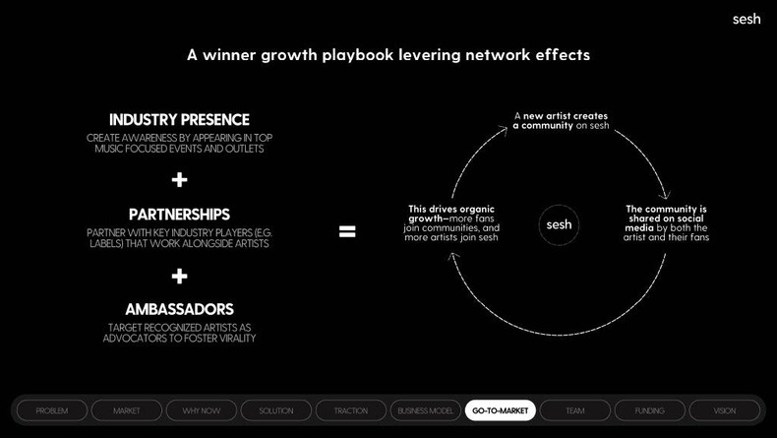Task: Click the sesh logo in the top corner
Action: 747,19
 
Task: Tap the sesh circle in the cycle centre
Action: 559,225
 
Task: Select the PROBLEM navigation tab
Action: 52,410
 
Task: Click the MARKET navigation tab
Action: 127,410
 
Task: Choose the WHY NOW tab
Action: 202,410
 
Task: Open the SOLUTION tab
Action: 276,410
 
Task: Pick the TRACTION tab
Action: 351,410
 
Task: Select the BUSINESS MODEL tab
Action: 426,410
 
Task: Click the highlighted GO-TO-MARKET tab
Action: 501,410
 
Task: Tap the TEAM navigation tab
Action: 575,410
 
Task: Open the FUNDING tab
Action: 650,410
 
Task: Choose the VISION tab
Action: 725,410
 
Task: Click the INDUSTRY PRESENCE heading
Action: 179,120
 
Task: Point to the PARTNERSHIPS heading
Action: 179,215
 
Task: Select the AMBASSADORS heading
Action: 179,309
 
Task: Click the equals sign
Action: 347,232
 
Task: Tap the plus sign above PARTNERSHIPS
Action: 179,180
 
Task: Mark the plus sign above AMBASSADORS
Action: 179,276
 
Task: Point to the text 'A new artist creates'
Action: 561,116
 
